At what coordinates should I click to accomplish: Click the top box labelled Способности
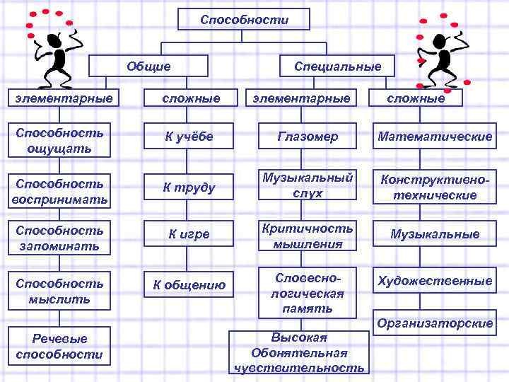tap(244, 20)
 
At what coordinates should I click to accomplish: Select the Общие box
tap(148, 66)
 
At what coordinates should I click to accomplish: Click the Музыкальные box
tap(434, 234)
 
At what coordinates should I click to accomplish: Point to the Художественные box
tap(434, 282)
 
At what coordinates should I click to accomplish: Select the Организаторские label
tap(434, 323)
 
